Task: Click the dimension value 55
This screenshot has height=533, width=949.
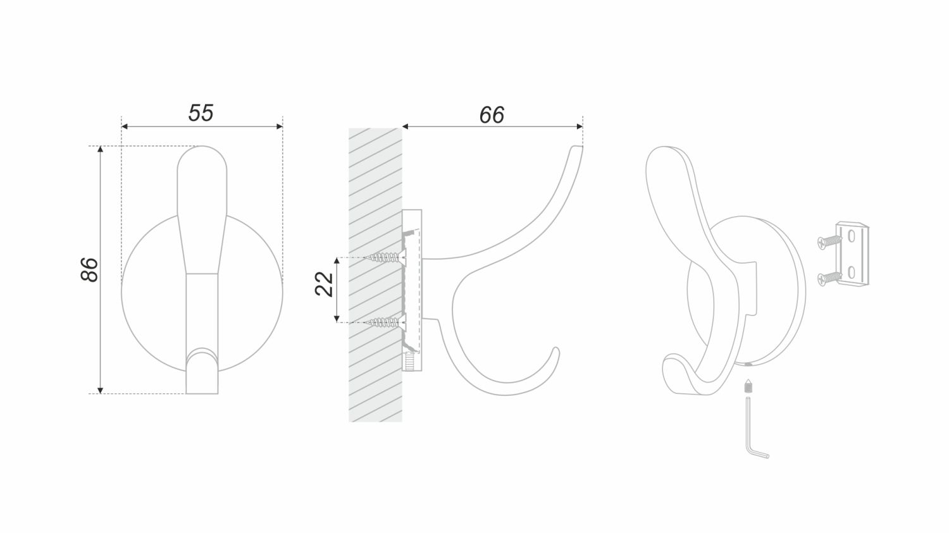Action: (201, 113)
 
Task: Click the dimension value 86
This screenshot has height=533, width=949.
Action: (89, 269)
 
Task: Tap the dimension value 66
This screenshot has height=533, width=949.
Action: (492, 115)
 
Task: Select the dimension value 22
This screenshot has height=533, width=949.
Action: (325, 284)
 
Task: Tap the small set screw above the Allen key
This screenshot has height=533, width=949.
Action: (748, 386)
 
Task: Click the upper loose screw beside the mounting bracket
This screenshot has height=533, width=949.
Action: (829, 242)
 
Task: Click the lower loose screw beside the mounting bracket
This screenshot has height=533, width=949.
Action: (829, 278)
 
